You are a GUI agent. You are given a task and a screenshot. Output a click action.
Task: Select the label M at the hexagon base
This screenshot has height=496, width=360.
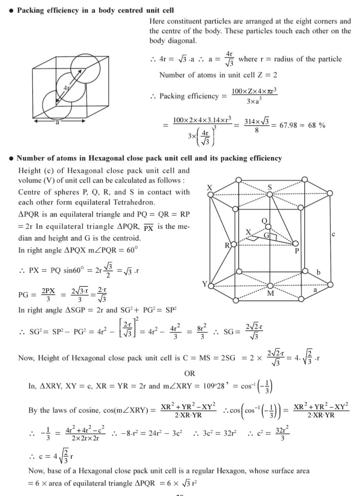(270, 293)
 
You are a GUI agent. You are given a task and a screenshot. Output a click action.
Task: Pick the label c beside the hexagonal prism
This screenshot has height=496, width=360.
(333, 234)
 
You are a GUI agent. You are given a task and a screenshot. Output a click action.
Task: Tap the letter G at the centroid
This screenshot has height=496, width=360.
(267, 235)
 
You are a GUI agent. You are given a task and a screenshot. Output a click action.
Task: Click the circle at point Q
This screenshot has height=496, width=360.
(269, 226)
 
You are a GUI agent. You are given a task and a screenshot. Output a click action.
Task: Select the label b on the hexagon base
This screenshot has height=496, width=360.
(318, 272)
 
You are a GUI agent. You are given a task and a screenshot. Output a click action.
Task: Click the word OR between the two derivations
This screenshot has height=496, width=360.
(189, 373)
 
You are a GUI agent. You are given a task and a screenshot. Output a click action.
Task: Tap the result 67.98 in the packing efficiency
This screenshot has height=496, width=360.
(289, 125)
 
